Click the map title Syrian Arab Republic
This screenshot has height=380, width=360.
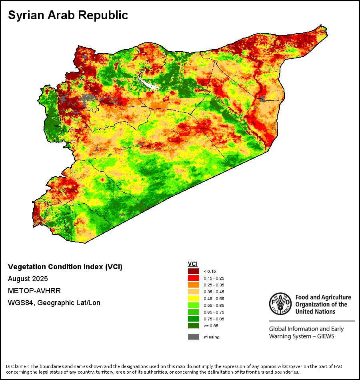[x=68, y=15]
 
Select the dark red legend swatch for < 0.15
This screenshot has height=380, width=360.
[x=194, y=271]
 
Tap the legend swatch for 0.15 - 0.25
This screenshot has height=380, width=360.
[x=194, y=278]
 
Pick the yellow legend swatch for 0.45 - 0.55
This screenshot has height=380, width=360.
[x=194, y=298]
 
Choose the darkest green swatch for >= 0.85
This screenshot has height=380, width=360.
[x=194, y=326]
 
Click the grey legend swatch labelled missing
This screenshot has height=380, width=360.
[x=194, y=337]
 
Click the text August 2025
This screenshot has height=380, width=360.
[x=28, y=279]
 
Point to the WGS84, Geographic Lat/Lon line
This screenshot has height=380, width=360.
[x=54, y=303]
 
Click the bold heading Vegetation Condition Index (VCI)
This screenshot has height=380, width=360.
[x=65, y=267]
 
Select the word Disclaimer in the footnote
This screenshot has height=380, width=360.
[x=17, y=366]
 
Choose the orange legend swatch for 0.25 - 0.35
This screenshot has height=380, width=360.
[x=194, y=285]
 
